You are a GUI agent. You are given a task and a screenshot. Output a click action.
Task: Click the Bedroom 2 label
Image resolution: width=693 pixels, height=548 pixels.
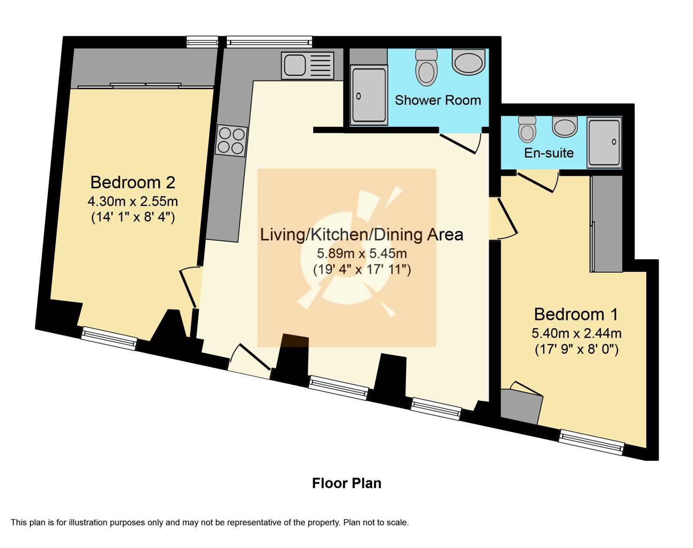pyautogui.click(x=133, y=183)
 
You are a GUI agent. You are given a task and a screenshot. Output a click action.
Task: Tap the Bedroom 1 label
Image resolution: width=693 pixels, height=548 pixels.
pyautogui.click(x=576, y=314)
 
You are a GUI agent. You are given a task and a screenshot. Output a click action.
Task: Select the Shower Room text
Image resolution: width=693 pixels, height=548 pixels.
pyautogui.click(x=438, y=100)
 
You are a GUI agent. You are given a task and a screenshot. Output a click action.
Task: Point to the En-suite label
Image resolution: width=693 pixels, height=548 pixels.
pyautogui.click(x=549, y=153)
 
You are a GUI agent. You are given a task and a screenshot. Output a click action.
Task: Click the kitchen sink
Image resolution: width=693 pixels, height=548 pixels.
pyautogui.click(x=308, y=65)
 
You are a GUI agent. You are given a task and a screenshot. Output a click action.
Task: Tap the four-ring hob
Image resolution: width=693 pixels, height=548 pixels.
pyautogui.click(x=231, y=141)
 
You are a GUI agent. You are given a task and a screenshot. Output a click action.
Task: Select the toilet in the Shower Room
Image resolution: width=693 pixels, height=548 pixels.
pyautogui.click(x=426, y=67)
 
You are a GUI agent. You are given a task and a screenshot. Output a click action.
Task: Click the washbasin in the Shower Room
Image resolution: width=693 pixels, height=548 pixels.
pyautogui.click(x=469, y=61)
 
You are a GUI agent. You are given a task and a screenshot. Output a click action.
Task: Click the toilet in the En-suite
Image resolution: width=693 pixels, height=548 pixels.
pyautogui.click(x=527, y=129)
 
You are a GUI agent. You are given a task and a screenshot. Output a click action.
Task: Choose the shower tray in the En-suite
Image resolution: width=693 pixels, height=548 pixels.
pyautogui.click(x=604, y=142)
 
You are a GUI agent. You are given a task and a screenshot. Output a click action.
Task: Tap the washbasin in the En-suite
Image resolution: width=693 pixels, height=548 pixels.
pyautogui.click(x=565, y=126)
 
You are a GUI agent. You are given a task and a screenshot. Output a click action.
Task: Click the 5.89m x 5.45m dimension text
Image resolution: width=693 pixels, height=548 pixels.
pyautogui.click(x=362, y=254)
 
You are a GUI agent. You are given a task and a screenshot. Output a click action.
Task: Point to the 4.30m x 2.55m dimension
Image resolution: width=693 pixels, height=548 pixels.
pyautogui.click(x=133, y=201)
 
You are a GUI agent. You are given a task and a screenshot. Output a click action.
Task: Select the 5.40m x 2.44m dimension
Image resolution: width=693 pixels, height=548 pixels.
pyautogui.click(x=576, y=333)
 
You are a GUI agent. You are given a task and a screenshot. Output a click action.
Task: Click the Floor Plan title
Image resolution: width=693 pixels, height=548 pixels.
pyautogui.click(x=347, y=484)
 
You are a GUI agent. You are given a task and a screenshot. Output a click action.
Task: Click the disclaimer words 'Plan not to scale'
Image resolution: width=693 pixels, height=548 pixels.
pyautogui.click(x=376, y=522)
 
